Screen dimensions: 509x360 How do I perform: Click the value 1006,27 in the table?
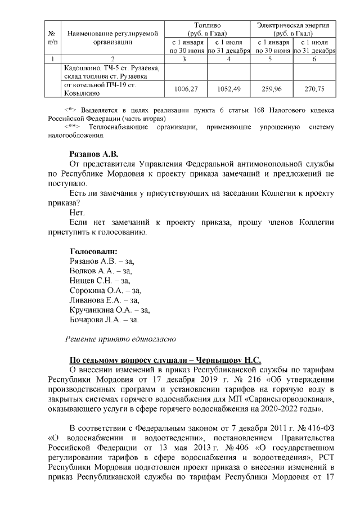pos(187,89)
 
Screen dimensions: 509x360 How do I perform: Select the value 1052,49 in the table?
pos(228,89)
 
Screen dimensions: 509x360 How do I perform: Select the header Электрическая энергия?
pos(293,26)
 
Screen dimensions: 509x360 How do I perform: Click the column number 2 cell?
pos(113,59)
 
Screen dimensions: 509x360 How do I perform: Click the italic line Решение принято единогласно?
pos(121,339)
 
